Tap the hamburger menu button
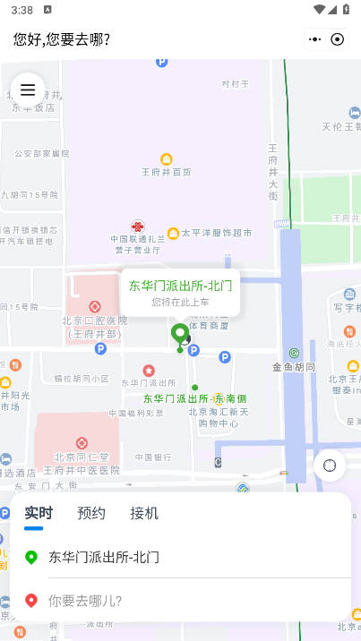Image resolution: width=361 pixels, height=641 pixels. (x=28, y=90)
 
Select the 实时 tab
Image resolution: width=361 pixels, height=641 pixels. (x=38, y=513)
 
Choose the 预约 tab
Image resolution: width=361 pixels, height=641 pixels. (x=91, y=513)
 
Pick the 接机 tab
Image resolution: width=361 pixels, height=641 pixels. (x=144, y=513)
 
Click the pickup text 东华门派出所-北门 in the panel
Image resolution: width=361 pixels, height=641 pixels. (x=104, y=557)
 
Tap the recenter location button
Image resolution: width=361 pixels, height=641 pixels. (x=330, y=466)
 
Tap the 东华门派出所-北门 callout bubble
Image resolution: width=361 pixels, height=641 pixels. (x=180, y=292)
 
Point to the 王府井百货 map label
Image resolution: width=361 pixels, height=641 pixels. (x=167, y=171)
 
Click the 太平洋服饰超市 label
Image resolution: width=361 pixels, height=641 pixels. (x=217, y=233)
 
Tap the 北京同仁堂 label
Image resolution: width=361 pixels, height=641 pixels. (x=82, y=457)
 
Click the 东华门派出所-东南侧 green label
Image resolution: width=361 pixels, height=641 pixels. (x=194, y=398)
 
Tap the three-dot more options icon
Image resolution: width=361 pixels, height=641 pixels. (x=314, y=39)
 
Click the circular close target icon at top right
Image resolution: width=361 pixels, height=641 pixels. (x=338, y=39)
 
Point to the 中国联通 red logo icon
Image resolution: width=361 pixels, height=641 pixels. (x=138, y=227)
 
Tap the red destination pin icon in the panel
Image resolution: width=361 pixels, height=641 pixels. (x=31, y=600)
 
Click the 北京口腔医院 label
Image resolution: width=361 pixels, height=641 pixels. (x=95, y=320)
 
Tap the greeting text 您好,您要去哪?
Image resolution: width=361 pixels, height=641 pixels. (x=62, y=39)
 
